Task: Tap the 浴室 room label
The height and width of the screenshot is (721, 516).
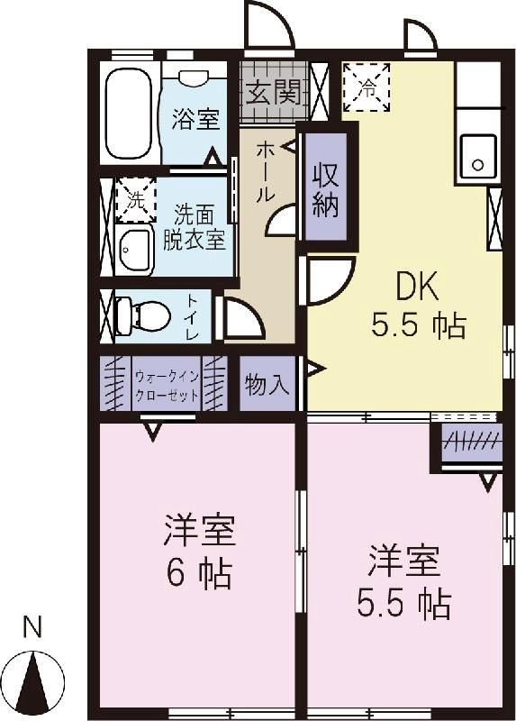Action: (x=196, y=119)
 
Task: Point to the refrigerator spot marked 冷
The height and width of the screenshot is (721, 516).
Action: (x=367, y=87)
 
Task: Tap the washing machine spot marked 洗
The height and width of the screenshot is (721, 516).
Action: (x=135, y=199)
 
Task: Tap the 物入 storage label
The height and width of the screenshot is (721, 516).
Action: (x=267, y=386)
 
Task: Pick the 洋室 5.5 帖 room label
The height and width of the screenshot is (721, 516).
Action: (x=403, y=581)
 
